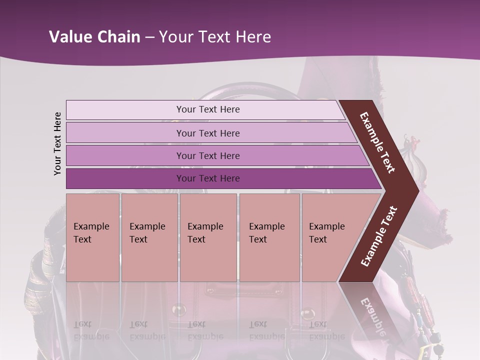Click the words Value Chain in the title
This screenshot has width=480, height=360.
point(94,37)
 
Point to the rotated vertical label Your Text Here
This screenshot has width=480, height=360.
point(57,143)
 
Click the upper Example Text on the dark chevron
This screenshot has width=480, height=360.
point(377,142)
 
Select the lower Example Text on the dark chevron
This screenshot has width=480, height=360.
point(378,236)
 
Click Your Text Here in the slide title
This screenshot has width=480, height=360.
point(215,37)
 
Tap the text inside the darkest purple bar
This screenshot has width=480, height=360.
point(208,178)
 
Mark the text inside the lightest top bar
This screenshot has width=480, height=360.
point(208,109)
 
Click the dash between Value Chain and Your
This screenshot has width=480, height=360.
point(149,37)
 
